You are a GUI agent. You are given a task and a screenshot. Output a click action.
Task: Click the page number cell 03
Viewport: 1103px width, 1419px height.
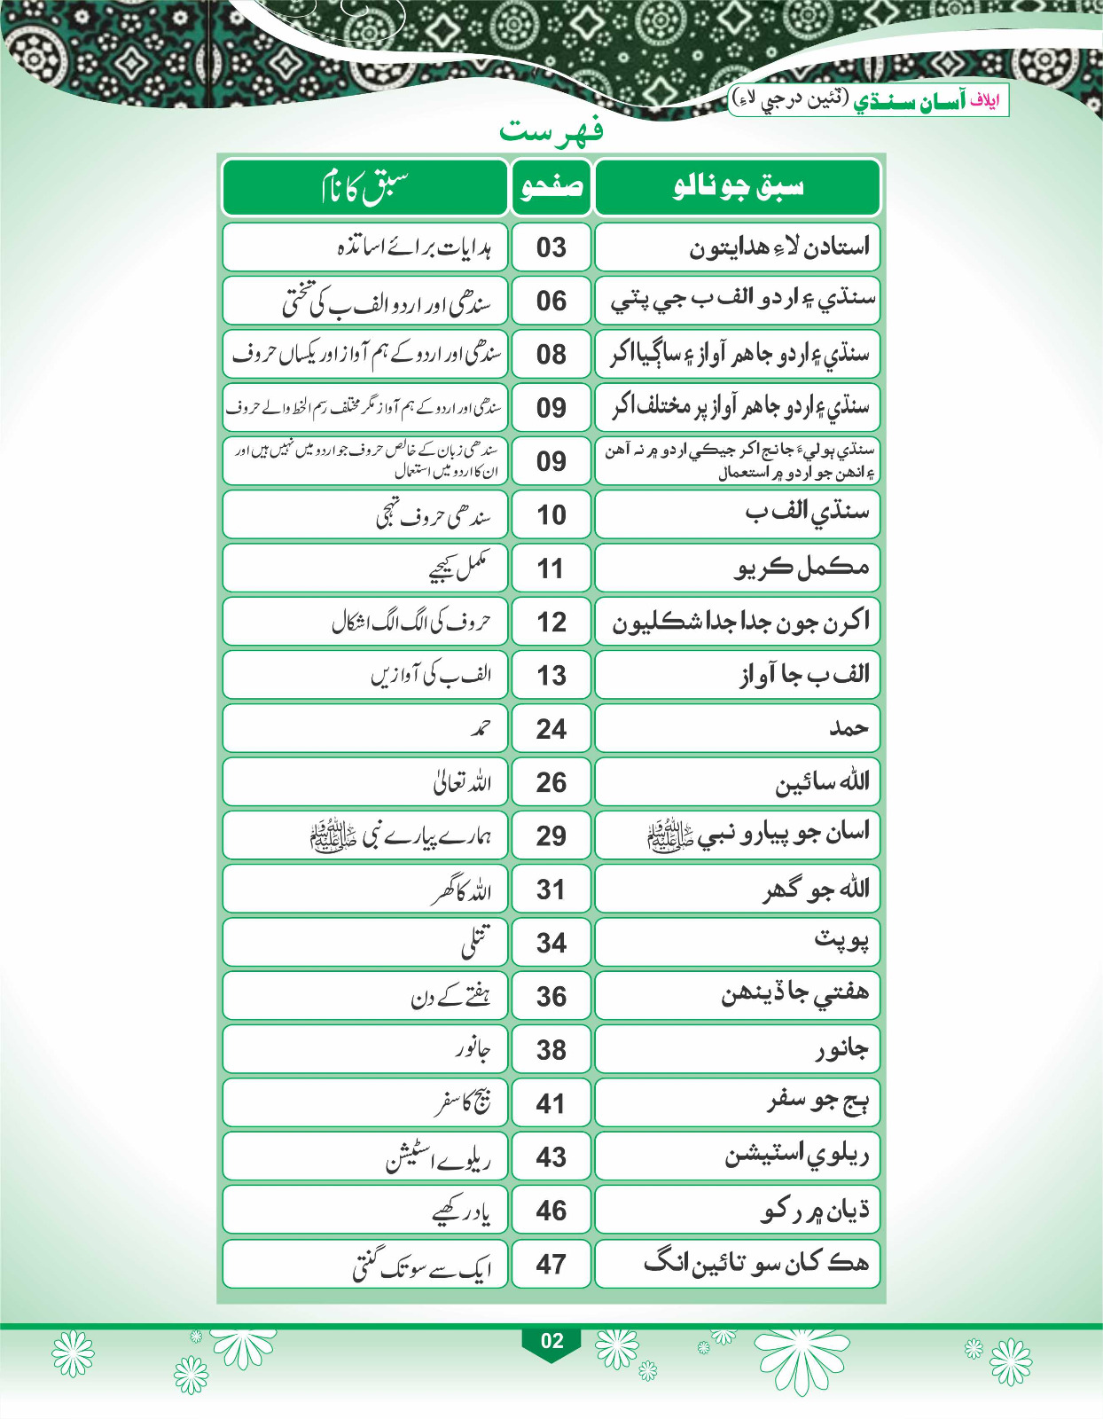tap(551, 247)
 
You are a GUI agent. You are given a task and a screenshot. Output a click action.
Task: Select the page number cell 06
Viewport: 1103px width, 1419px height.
tap(551, 301)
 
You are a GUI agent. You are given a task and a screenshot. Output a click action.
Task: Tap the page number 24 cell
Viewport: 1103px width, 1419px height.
tap(551, 729)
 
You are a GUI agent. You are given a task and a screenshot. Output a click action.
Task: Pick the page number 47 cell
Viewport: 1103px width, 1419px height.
tap(551, 1264)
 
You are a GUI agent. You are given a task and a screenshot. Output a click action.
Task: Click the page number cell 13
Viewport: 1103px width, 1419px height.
tap(551, 675)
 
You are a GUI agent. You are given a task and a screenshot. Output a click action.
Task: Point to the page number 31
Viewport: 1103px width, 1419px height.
tap(551, 890)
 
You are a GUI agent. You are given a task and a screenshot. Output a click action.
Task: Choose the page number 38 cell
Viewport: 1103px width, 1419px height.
tap(551, 1050)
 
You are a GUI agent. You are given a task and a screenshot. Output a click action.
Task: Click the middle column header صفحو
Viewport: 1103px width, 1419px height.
tap(551, 186)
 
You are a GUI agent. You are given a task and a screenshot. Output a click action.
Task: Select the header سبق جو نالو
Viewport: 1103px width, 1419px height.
tap(738, 186)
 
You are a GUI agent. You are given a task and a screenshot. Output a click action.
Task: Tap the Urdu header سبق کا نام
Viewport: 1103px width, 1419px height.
tap(364, 186)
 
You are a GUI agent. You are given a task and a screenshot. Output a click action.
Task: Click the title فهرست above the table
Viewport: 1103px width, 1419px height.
tap(551, 131)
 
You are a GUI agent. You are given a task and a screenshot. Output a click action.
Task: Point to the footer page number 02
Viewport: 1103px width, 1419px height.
tap(551, 1340)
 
